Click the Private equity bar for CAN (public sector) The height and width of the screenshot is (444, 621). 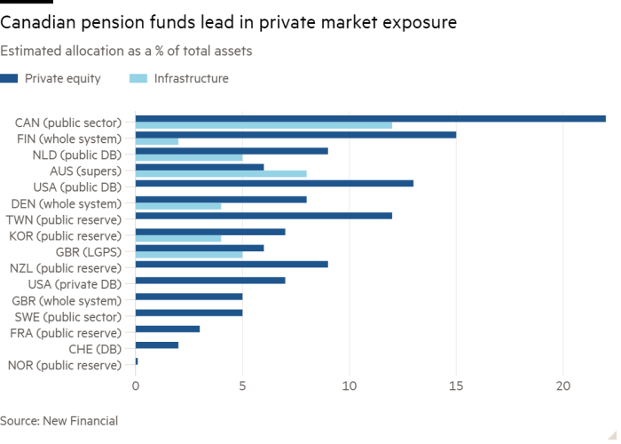(x=371, y=118)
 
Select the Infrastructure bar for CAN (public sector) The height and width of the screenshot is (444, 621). (x=264, y=125)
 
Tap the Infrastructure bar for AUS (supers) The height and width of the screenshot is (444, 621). (x=222, y=174)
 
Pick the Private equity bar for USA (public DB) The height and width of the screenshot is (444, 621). (x=275, y=184)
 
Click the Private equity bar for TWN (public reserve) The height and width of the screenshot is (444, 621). (x=264, y=216)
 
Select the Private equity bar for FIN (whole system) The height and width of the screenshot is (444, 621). (x=296, y=135)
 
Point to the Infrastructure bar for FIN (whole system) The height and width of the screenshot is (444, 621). (x=157, y=142)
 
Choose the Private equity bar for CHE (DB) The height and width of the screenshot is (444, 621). (x=157, y=345)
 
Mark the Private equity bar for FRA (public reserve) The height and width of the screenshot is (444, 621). (x=168, y=329)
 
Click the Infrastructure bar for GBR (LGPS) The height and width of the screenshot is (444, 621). (x=189, y=255)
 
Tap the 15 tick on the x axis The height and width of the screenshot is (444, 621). (x=457, y=387)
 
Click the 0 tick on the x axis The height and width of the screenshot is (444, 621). (x=136, y=387)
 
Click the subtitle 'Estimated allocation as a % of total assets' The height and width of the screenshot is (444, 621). (x=127, y=52)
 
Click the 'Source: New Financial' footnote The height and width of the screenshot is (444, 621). (x=59, y=420)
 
